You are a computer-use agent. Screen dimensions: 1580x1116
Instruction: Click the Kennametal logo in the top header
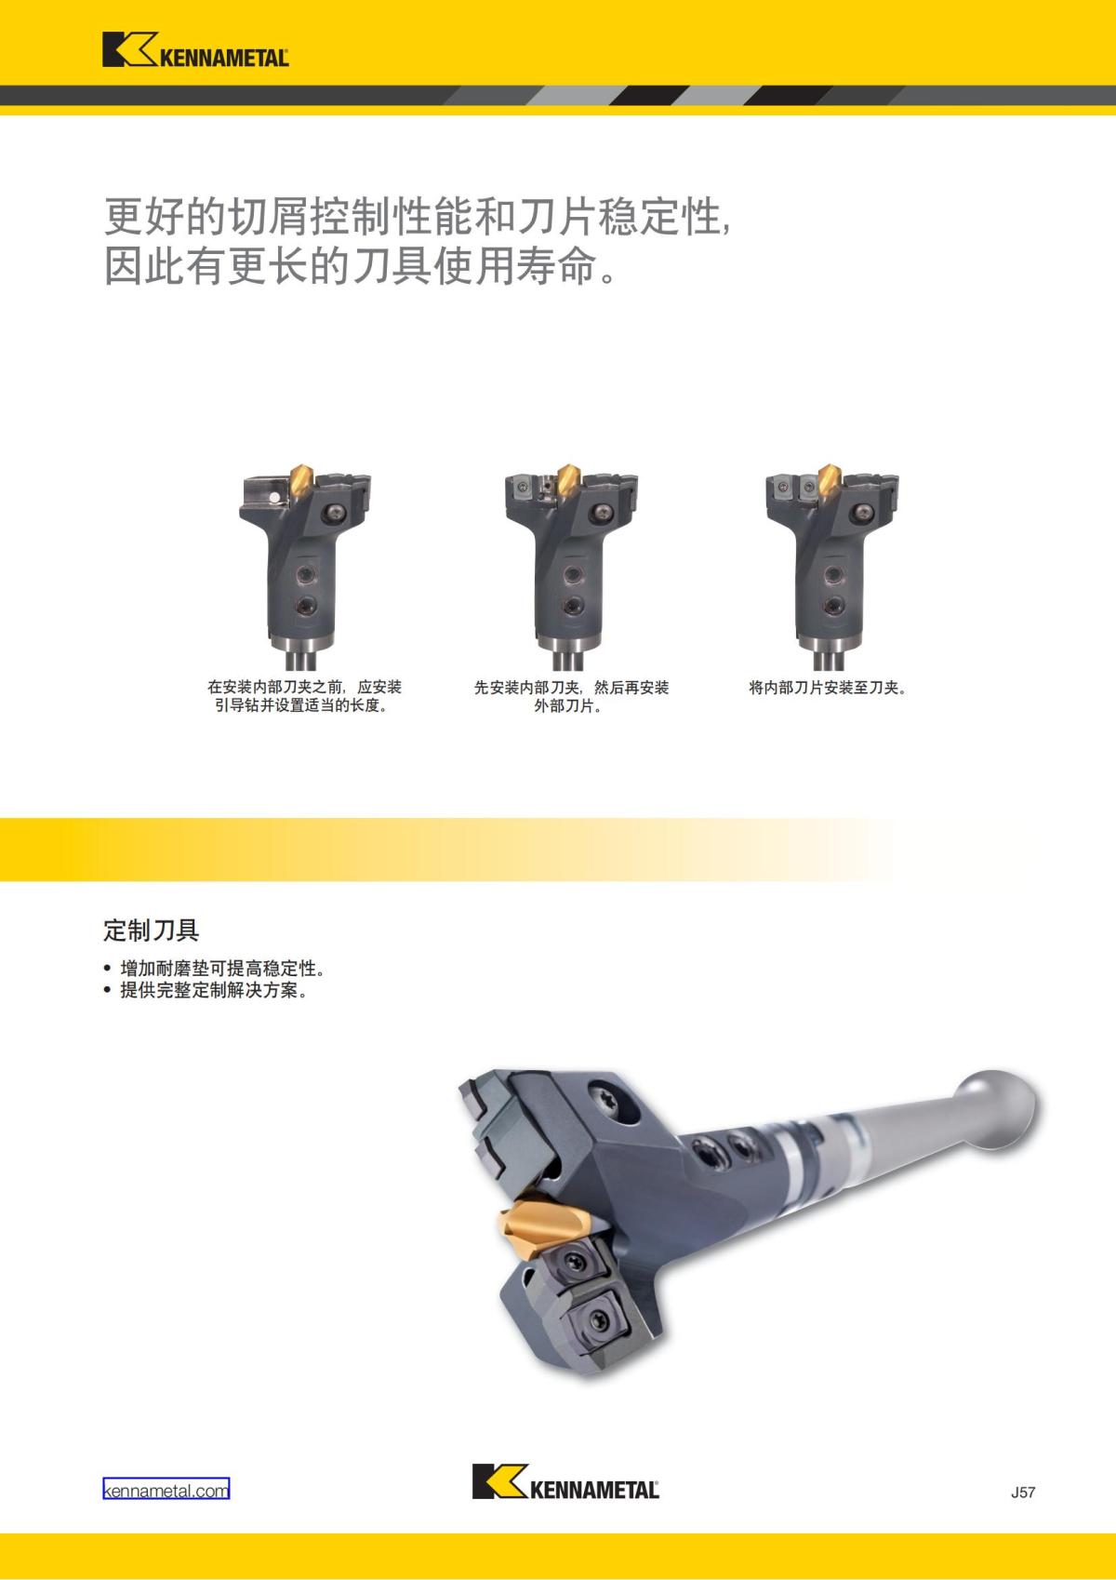[x=195, y=51]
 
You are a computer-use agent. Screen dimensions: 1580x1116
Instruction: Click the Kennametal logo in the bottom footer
[x=565, y=1482]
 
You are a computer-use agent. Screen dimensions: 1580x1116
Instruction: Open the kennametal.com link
[x=166, y=1490]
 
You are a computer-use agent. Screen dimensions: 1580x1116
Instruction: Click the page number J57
[x=1022, y=1493]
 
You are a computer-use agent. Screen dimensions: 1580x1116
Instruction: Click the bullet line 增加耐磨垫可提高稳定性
[x=223, y=968]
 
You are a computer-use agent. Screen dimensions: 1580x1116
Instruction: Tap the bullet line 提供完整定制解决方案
[x=214, y=990]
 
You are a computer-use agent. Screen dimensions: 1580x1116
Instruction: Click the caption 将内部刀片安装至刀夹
[x=828, y=688]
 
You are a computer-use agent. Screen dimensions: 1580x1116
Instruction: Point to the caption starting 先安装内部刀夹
[x=571, y=696]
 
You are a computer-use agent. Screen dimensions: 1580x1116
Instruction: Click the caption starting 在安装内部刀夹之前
[x=304, y=696]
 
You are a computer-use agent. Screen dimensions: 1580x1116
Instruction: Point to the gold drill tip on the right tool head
[x=827, y=480]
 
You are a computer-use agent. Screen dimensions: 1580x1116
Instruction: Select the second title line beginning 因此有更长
[x=361, y=267]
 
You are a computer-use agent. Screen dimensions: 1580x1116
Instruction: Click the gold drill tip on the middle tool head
[x=567, y=480]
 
